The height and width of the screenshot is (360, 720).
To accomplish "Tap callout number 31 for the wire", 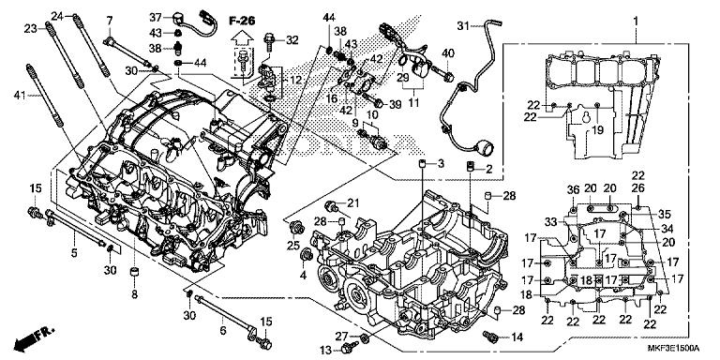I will pos(462,24).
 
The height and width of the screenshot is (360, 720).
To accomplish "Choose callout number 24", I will pos(56,16).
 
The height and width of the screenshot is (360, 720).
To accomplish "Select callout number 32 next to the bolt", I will pos(292,39).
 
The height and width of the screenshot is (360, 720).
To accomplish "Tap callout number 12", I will pos(298,80).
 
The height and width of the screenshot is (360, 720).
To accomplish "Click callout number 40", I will pos(448,52).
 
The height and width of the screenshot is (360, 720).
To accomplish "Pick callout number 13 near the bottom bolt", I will pos(323,350).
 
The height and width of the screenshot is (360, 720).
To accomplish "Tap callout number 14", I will pos(517,336).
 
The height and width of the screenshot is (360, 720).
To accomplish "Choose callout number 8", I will pos(133,294).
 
